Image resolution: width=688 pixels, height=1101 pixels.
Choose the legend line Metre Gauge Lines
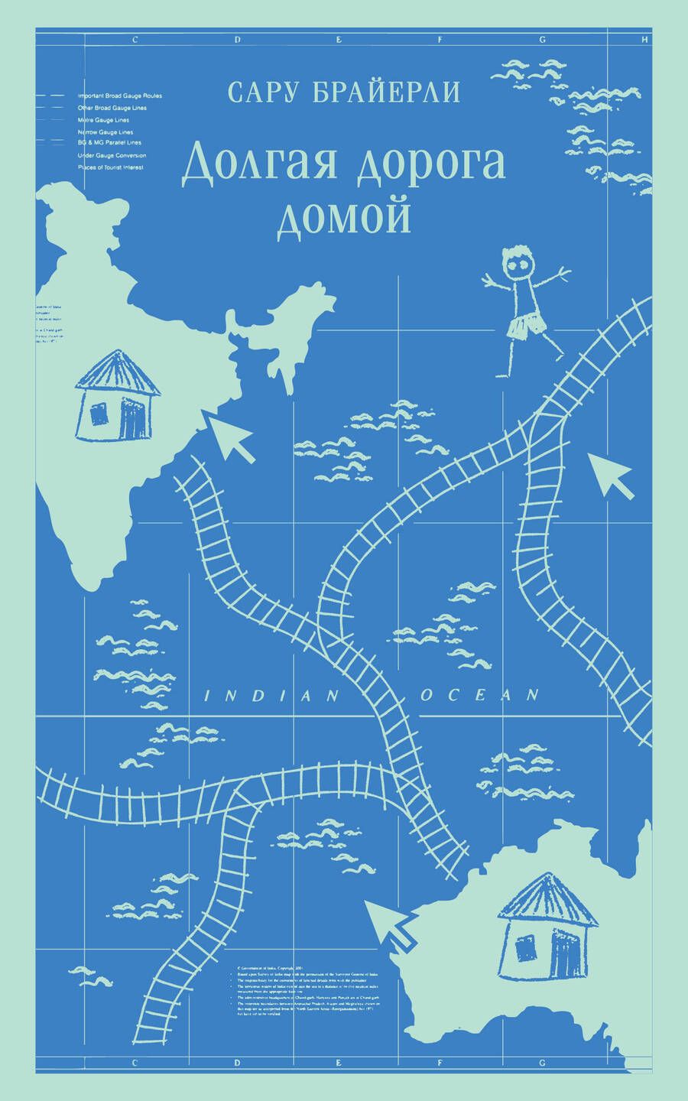click(x=103, y=120)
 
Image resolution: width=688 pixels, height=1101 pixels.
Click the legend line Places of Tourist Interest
click(x=111, y=167)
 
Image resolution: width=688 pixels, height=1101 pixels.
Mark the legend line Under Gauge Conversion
click(x=111, y=155)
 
